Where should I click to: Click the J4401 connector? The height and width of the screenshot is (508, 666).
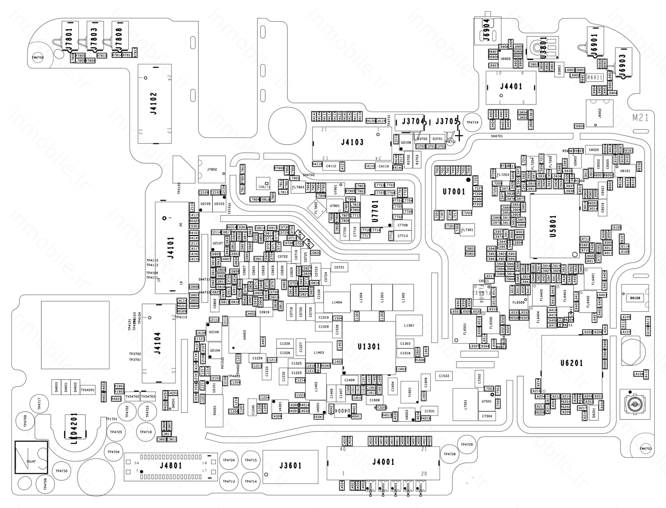pos(511,87)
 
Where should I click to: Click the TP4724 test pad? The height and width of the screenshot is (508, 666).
pos(229,460)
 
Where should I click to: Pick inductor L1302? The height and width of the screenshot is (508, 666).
pos(403,297)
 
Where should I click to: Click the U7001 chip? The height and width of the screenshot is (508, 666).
pos(454,192)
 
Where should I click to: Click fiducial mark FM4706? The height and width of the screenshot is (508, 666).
pos(38,57)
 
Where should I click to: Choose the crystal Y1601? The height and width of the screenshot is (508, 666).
pos(409,392)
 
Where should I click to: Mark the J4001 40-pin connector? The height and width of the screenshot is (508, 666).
pos(383,463)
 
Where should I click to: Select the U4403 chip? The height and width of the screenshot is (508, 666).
pos(244,335)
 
